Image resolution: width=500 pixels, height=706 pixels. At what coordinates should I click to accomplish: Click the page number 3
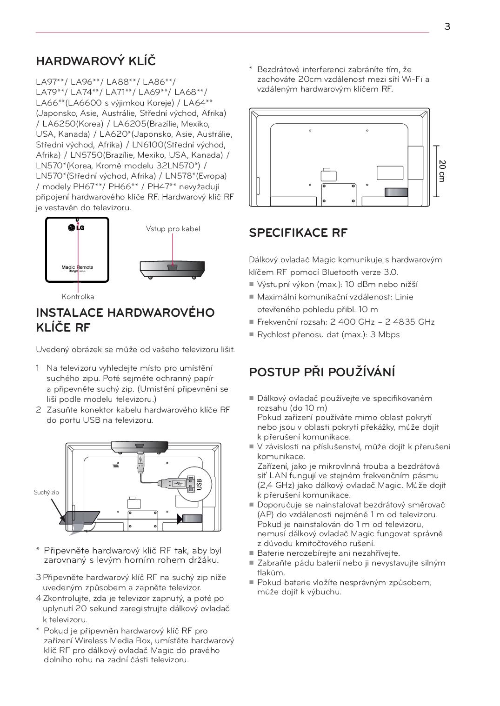447,27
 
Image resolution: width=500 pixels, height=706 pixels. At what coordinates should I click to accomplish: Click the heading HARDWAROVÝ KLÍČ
96,61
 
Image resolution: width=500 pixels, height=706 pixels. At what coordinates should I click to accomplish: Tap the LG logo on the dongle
76,227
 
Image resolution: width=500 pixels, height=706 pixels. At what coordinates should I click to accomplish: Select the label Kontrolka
78,297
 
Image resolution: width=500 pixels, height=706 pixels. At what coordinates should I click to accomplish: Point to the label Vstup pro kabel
173,229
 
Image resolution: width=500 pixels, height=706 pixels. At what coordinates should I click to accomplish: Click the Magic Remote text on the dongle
77,267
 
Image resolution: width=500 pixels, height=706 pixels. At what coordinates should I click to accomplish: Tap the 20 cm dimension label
442,171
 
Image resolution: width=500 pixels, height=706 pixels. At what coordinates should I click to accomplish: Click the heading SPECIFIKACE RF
298,233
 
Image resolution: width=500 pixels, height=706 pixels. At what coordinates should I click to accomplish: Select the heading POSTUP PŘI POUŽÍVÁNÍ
322,372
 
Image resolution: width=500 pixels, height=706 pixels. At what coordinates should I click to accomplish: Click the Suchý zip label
47,493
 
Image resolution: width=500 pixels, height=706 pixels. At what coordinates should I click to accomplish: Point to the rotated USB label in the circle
199,485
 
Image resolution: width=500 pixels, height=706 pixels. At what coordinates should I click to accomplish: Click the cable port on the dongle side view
173,267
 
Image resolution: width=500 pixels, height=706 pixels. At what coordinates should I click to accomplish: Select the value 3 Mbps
385,335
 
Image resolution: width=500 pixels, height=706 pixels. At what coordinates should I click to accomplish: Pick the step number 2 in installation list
39,410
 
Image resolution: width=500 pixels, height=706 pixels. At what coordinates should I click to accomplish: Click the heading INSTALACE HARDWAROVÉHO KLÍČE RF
125,320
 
